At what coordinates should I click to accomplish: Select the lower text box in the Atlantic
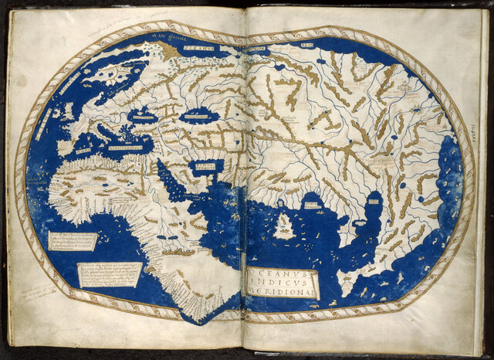tap(110, 273)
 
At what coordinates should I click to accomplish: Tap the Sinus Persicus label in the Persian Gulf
tap(205, 165)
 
